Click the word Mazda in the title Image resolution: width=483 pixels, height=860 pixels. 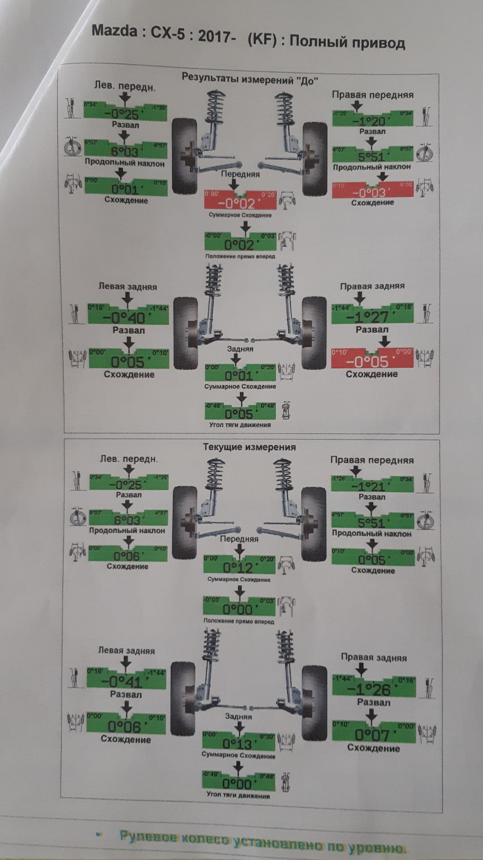[x=114, y=31]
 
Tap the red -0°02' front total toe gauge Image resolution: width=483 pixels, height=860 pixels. [x=240, y=200]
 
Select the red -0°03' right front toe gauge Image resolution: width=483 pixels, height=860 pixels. [x=372, y=190]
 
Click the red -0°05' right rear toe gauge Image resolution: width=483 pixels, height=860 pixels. [x=372, y=358]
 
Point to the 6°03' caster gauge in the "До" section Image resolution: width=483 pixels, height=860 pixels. [x=125, y=149]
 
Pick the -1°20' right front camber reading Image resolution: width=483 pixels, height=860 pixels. [x=372, y=119]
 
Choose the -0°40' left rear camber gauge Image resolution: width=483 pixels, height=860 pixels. [x=128, y=314]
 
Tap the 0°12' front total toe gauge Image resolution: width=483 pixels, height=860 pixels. [x=239, y=564]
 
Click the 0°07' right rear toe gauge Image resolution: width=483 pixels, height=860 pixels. [x=373, y=732]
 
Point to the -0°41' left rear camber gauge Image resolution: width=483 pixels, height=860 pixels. [x=125, y=678]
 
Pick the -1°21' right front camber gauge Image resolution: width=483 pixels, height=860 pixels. [x=372, y=483]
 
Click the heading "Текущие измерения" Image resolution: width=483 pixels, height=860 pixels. [x=249, y=447]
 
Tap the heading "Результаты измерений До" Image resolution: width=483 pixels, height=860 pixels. [x=249, y=79]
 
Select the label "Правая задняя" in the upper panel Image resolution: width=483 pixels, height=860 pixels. [x=372, y=286]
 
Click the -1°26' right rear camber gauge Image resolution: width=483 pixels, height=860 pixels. [x=373, y=685]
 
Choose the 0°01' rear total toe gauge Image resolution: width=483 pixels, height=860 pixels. [x=240, y=373]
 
